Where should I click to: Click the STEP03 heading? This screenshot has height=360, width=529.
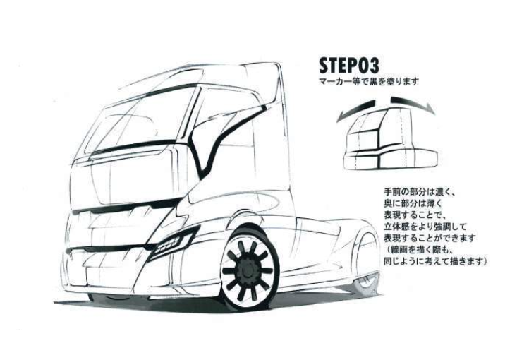349,66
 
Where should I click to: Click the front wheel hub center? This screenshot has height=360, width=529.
248,270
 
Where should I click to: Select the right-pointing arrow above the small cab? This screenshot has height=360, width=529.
413,104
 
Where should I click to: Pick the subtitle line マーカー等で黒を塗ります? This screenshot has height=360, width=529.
369,81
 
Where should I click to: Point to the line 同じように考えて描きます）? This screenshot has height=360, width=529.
436,261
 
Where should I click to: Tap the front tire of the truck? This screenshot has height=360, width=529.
249,268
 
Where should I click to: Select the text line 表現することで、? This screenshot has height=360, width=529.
415,215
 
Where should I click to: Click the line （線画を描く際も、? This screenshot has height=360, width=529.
418,250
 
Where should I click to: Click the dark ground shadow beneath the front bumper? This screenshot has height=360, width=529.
142,301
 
